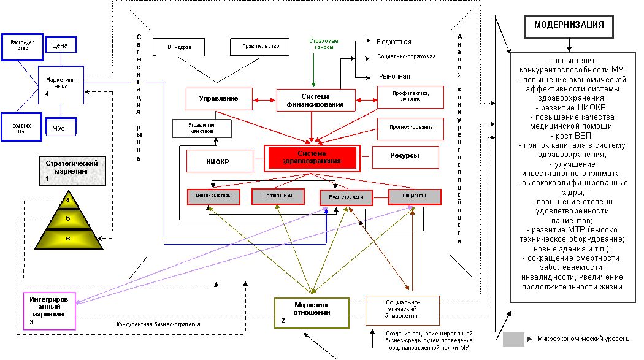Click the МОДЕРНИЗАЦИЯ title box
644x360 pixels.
click(569, 26)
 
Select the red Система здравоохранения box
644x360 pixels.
click(312, 158)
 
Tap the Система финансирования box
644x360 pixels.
click(316, 100)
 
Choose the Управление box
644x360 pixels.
click(220, 99)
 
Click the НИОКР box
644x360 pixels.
click(220, 161)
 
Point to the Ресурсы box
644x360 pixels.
click(405, 156)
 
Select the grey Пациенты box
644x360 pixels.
click(415, 196)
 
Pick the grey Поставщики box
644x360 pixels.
click(278, 196)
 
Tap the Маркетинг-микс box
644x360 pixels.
click(61, 86)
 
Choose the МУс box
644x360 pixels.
click(61, 128)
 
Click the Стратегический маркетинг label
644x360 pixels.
click(72, 171)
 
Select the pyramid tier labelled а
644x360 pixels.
click(68, 200)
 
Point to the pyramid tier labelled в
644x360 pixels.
click(68, 239)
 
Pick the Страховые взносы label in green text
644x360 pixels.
click(323, 44)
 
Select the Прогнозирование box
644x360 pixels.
click(410, 128)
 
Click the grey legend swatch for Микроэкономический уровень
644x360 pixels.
click(513, 339)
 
